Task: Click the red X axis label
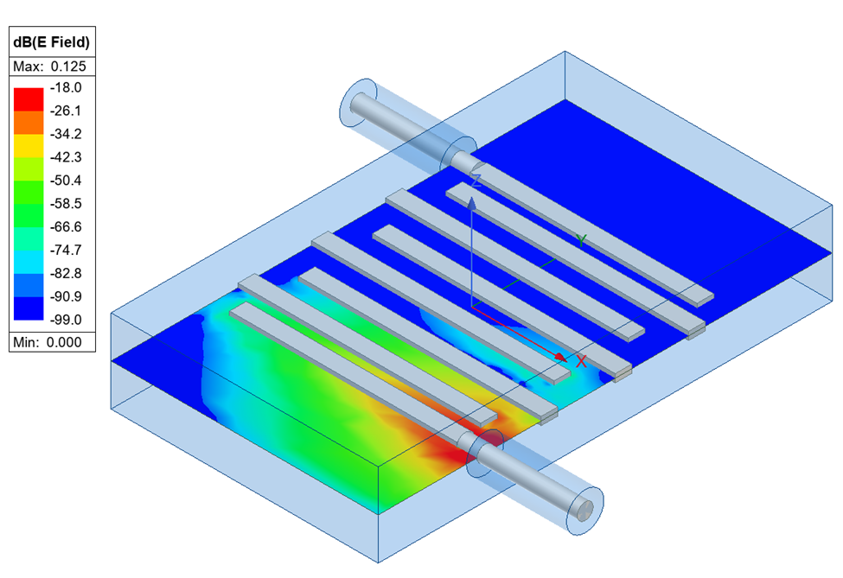click(581, 362)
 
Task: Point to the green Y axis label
click(582, 240)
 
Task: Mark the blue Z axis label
click(476, 180)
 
